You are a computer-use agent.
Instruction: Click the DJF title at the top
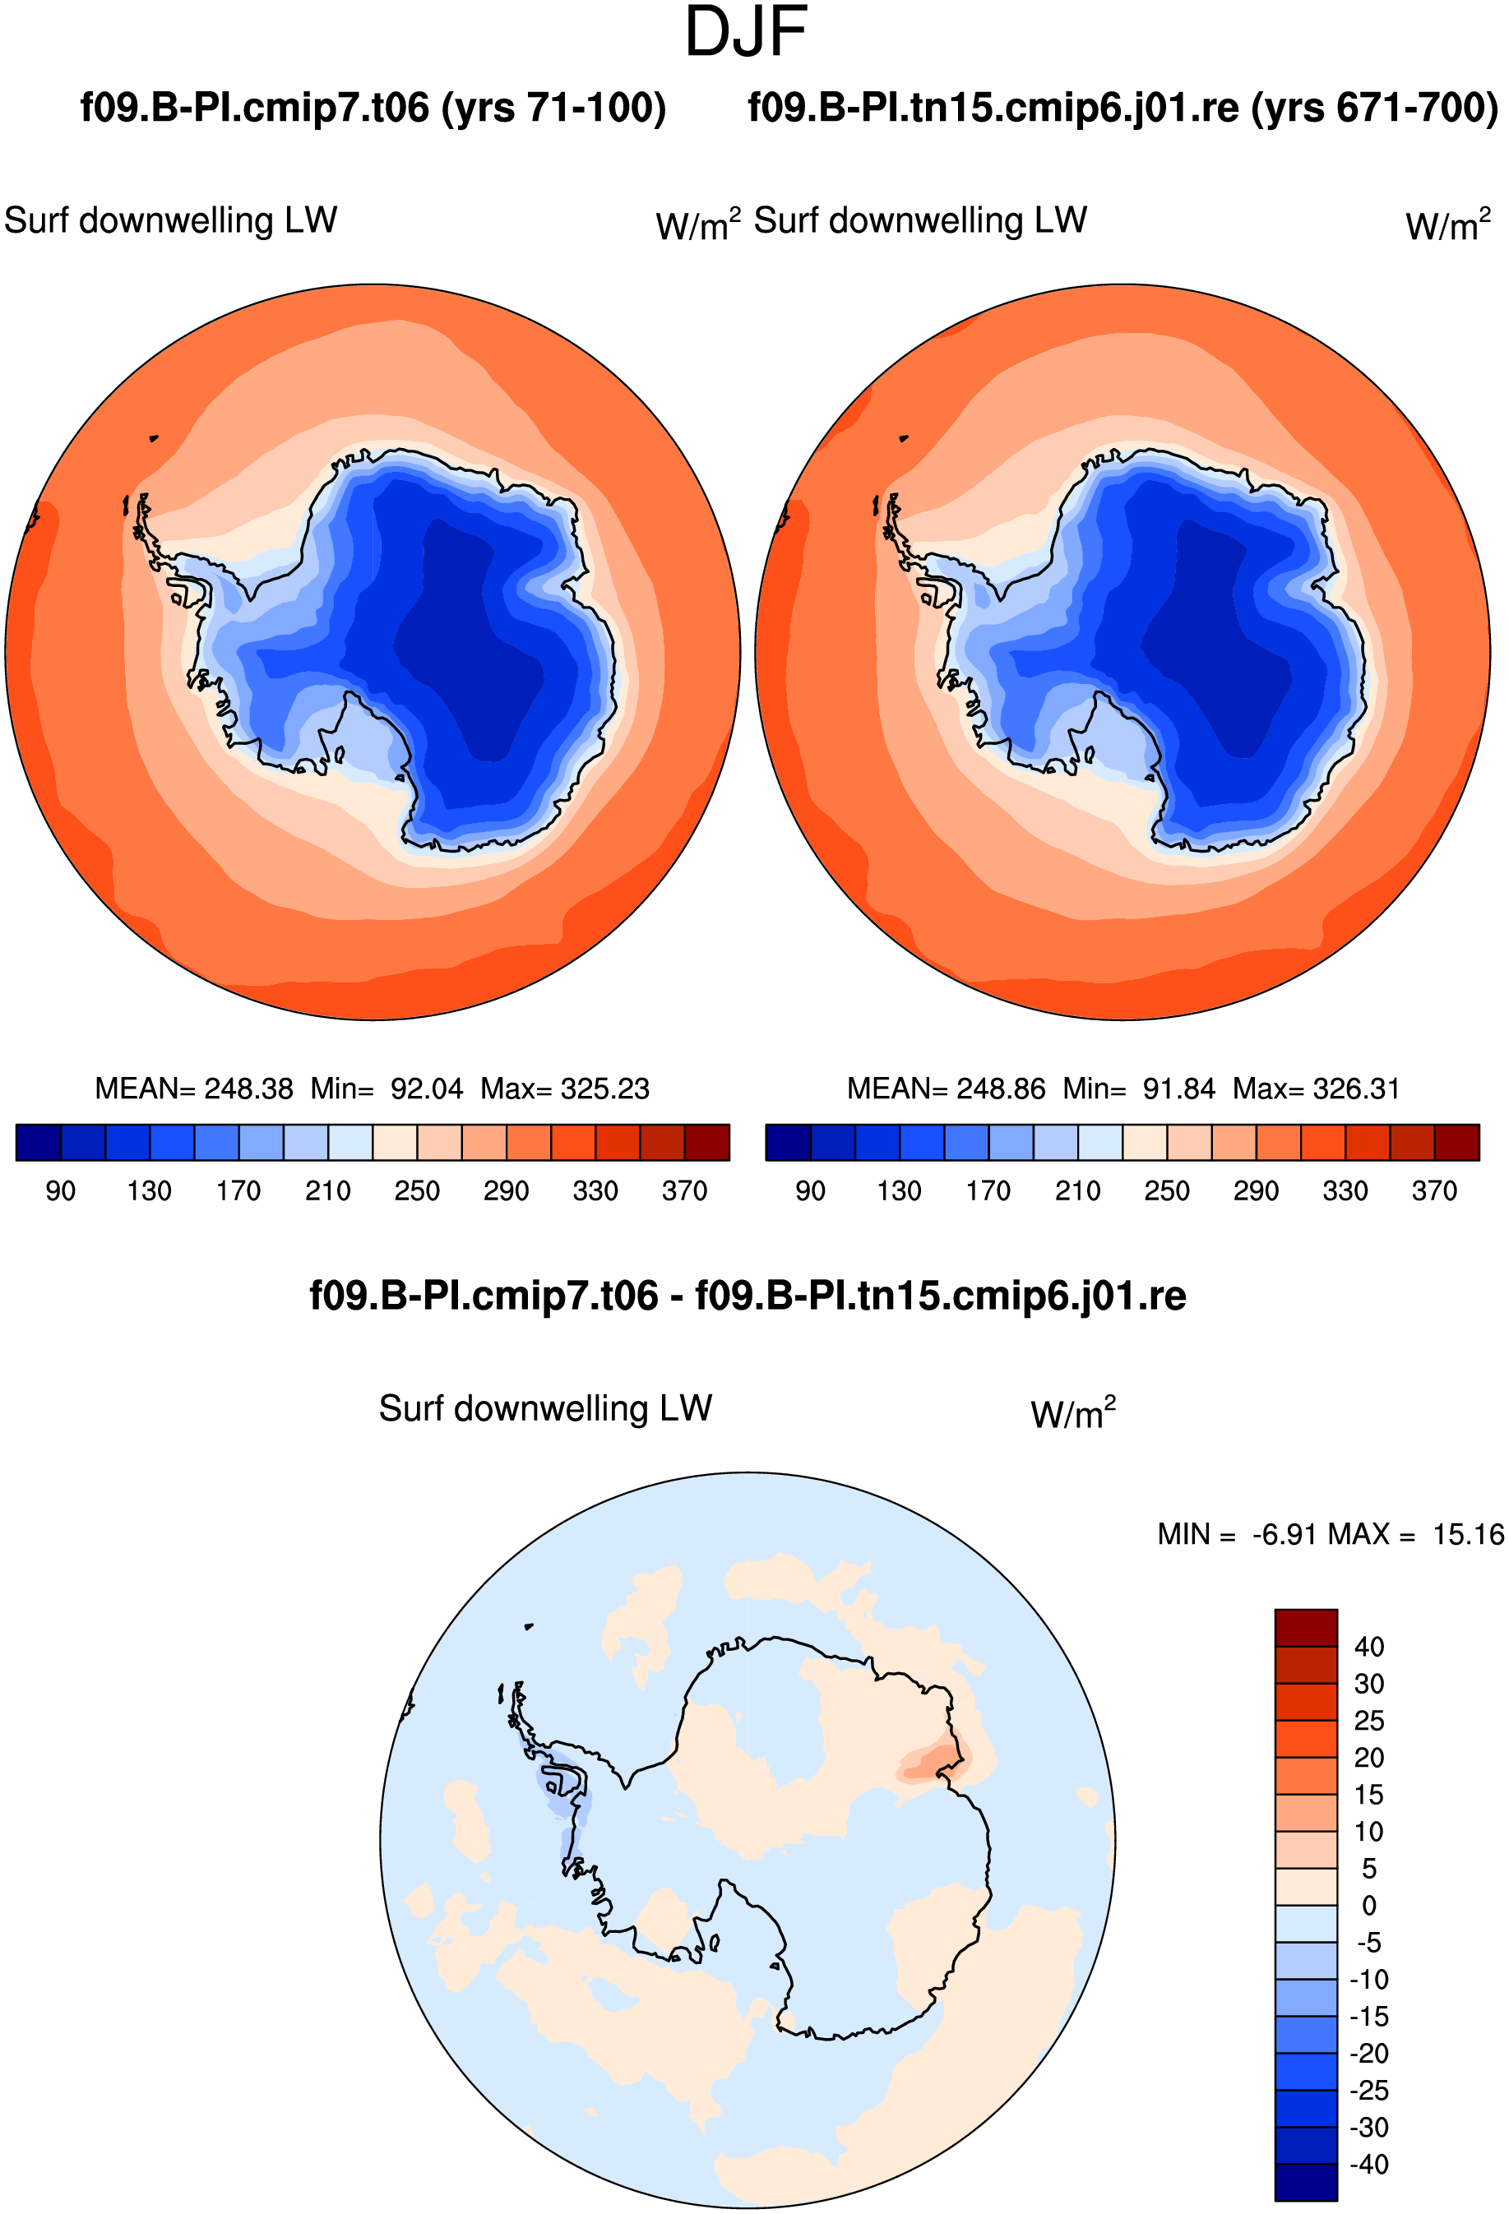click(x=746, y=31)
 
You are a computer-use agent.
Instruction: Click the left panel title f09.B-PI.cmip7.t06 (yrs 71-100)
click(x=373, y=108)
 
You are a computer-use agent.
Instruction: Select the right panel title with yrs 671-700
click(x=1122, y=108)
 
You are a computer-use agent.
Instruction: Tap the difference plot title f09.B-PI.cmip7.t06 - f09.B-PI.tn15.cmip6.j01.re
click(x=748, y=1296)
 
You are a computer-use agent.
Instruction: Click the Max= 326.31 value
click(x=1316, y=1088)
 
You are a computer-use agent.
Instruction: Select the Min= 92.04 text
click(x=387, y=1088)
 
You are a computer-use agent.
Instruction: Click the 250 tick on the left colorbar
click(x=417, y=1190)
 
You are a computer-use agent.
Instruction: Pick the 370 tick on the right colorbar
click(x=1433, y=1190)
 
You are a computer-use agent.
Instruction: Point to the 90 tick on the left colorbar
click(x=60, y=1190)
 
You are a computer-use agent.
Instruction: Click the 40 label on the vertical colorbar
click(x=1369, y=1646)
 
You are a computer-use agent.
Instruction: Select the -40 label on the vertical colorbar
click(x=1369, y=2165)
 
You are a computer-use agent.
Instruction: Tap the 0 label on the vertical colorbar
click(x=1369, y=1906)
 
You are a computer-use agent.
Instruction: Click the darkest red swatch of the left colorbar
click(x=707, y=1142)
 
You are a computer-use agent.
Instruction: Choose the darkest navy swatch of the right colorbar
click(x=788, y=1142)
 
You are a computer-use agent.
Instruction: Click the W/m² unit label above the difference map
click(x=1072, y=1412)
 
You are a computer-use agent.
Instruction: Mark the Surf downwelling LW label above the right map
click(x=920, y=220)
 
